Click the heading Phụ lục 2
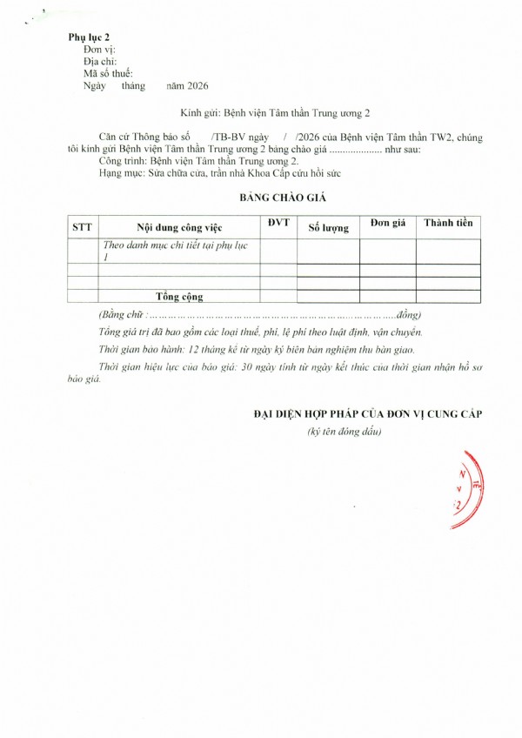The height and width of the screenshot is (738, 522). pyautogui.click(x=89, y=38)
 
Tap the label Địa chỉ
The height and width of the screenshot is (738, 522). pyautogui.click(x=100, y=62)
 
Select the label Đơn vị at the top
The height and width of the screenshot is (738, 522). pyautogui.click(x=98, y=50)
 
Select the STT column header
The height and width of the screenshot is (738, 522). pyautogui.click(x=82, y=227)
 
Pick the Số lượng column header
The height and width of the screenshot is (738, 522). pyautogui.click(x=328, y=228)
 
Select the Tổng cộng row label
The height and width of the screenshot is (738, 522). pyautogui.click(x=177, y=296)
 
